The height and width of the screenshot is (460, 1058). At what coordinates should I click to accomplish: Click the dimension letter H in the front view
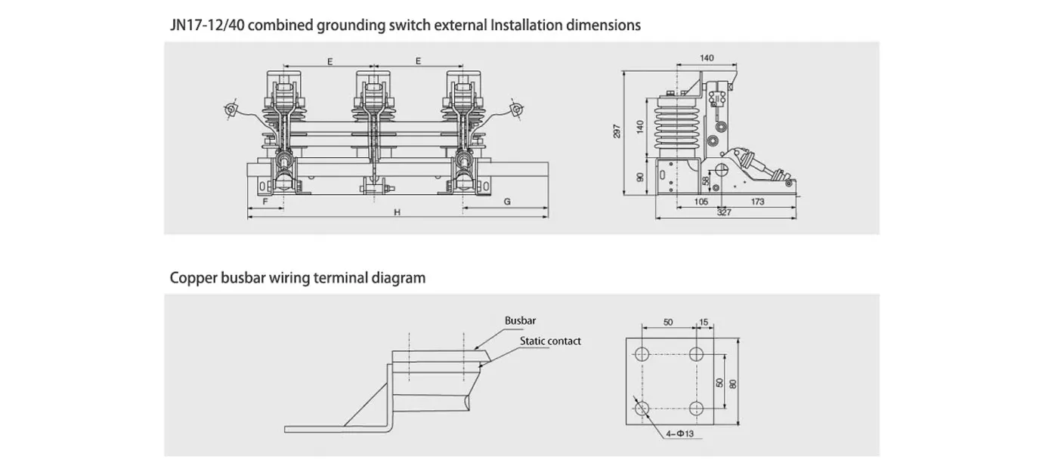pyautogui.click(x=397, y=213)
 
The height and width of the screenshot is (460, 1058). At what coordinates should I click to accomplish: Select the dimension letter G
pyautogui.click(x=507, y=202)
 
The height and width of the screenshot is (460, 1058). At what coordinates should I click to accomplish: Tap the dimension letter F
pyautogui.click(x=265, y=202)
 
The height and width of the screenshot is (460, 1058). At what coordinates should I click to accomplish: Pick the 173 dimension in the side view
pyautogui.click(x=758, y=202)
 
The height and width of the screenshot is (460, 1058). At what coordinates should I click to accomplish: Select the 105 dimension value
pyautogui.click(x=701, y=202)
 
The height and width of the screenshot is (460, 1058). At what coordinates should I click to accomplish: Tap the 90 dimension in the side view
pyautogui.click(x=640, y=177)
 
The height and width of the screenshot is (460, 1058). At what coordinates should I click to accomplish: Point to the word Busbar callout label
pyautogui.click(x=520, y=321)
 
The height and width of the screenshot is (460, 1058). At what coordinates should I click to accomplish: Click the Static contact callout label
pyautogui.click(x=550, y=341)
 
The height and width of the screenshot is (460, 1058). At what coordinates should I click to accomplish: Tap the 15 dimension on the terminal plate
pyautogui.click(x=704, y=323)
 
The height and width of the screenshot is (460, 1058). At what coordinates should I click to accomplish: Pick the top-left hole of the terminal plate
pyautogui.click(x=642, y=353)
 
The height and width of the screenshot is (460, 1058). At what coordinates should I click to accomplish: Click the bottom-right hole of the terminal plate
pyautogui.click(x=697, y=409)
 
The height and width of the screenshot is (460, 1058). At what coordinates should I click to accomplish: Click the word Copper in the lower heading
pyautogui.click(x=189, y=278)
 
